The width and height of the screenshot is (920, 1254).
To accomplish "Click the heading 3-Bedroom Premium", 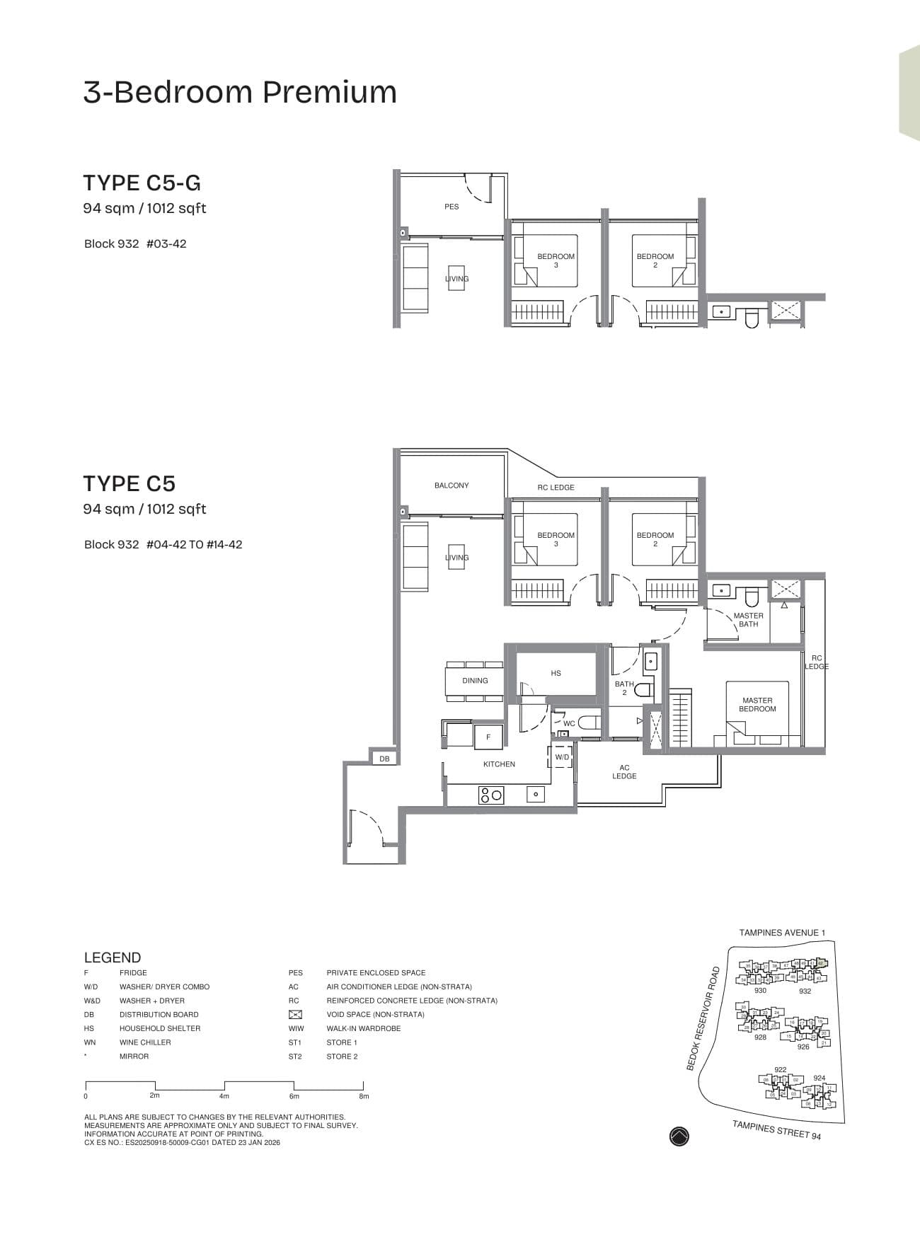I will (x=240, y=93).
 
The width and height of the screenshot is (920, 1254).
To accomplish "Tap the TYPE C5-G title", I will (x=142, y=183).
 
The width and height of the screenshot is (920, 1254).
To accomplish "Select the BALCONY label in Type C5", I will (x=452, y=485).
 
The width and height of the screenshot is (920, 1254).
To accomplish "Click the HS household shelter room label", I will (x=556, y=673).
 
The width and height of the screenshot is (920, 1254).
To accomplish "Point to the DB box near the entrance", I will (x=384, y=759).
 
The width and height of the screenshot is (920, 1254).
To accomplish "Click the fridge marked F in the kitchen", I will (x=488, y=737).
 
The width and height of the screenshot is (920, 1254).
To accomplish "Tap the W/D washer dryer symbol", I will (x=561, y=757).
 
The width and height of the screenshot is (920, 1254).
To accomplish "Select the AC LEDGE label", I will (x=624, y=771).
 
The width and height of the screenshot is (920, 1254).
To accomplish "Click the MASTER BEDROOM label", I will (x=757, y=704).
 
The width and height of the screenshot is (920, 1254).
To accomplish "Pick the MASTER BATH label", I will (x=748, y=620).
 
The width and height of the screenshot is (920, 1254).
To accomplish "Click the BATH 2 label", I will (x=624, y=688).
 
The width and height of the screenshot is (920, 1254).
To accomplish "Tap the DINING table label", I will (x=475, y=681).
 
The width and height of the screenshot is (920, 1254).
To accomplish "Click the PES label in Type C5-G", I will (x=452, y=207).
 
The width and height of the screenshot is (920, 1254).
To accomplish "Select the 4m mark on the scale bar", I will (x=224, y=1096).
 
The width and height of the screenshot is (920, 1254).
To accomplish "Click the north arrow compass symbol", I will (x=679, y=1137).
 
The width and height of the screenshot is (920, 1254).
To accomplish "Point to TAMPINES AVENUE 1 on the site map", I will (x=782, y=933).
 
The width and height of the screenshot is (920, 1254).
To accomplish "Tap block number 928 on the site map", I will (x=760, y=1037).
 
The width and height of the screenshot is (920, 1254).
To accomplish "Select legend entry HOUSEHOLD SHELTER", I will (x=160, y=1028).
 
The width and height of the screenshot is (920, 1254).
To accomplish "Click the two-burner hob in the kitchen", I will (x=490, y=795).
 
